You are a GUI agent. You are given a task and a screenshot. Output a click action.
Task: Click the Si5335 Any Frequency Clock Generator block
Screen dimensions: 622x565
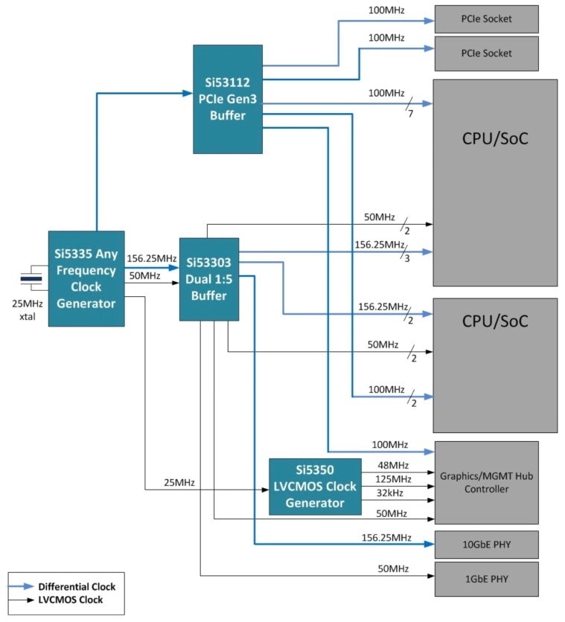click(x=86, y=278)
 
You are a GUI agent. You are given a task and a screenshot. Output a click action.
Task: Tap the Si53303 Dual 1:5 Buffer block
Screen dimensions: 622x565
click(x=209, y=279)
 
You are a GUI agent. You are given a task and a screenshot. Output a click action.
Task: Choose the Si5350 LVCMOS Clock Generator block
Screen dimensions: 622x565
click(x=314, y=487)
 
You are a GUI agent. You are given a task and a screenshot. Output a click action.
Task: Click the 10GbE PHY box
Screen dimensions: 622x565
click(x=486, y=545)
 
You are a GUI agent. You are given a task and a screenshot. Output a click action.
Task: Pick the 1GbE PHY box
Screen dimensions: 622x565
click(x=486, y=578)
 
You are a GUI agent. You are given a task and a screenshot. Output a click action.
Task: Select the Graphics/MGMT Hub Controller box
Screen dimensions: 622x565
click(x=486, y=482)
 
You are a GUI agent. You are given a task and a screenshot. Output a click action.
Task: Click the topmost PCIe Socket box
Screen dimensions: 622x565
click(x=486, y=19)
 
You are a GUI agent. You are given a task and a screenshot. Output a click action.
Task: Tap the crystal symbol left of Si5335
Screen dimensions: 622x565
click(x=30, y=279)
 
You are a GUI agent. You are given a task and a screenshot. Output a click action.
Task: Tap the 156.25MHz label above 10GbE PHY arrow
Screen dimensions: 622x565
click(x=386, y=537)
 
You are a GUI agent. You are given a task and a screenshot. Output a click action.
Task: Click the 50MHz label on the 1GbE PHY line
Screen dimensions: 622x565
click(x=392, y=569)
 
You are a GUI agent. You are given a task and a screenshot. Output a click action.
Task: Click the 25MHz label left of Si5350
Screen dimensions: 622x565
click(x=179, y=483)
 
